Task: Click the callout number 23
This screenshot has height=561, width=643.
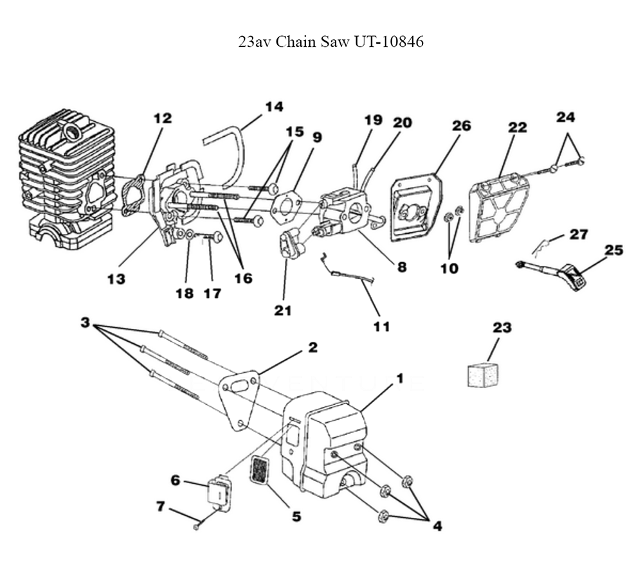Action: click(502, 328)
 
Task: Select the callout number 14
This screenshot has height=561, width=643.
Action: click(274, 107)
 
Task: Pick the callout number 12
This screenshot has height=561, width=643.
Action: click(163, 118)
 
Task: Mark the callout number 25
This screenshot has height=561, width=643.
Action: click(613, 249)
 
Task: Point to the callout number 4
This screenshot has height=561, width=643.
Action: click(437, 526)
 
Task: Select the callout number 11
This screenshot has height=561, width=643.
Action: click(381, 326)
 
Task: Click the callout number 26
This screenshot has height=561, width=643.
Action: click(461, 126)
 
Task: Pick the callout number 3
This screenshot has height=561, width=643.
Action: click(84, 321)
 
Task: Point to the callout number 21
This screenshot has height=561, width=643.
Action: click(283, 310)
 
